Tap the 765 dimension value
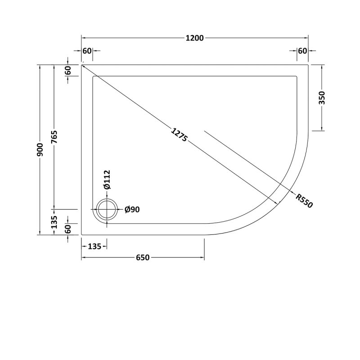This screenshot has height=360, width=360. [54, 138]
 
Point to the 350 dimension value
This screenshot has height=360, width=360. [322, 98]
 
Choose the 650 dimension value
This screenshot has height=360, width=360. [142, 257]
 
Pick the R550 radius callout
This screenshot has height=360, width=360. [304, 199]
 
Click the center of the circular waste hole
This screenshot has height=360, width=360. [107, 210]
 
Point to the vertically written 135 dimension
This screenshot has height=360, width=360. [54, 222]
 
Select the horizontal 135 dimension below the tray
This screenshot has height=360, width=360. [94, 246]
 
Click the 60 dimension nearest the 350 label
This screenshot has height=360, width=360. [302, 51]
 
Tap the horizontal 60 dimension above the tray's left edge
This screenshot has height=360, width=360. [87, 51]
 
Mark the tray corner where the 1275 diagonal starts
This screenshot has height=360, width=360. [82, 65]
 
